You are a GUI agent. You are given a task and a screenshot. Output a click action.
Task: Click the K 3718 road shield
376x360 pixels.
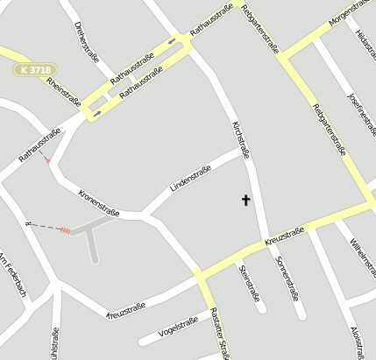point(33,68)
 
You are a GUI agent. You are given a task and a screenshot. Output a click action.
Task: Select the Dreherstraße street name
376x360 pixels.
point(87,41)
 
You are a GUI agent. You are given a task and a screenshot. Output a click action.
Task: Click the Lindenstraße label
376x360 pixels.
point(191,180)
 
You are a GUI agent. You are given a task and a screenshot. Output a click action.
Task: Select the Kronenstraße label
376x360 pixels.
point(98,201)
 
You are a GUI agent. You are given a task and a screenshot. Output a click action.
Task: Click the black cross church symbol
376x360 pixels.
point(245,201)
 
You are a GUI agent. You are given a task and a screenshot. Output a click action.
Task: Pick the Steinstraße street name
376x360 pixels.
point(250,283)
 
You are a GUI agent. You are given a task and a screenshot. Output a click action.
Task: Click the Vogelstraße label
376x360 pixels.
point(177,328)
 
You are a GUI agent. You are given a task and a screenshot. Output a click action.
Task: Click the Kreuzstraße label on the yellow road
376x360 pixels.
point(283,236)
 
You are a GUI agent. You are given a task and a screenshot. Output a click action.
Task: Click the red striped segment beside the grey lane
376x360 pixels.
point(65,229)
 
